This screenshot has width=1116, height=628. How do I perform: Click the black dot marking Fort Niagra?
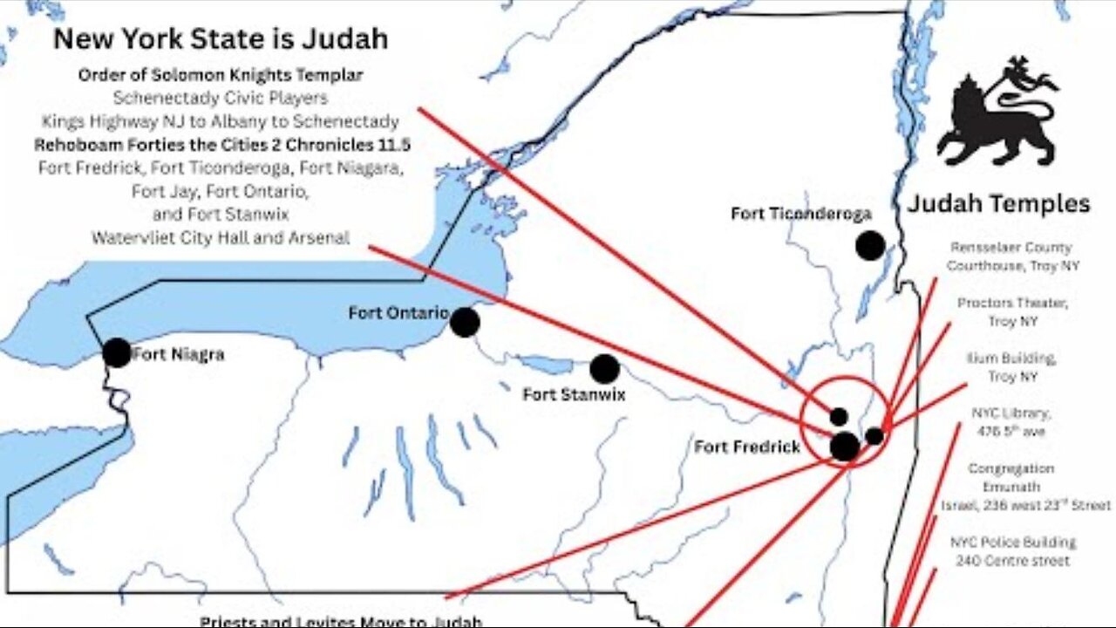(116, 352)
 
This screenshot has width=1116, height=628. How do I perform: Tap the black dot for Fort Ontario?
(465, 322)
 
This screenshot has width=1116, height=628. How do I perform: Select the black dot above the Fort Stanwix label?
(604, 369)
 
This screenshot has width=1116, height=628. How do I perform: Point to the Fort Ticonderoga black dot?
(869, 246)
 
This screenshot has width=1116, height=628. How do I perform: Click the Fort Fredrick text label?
(746, 447)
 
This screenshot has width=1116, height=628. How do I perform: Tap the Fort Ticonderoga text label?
(800, 214)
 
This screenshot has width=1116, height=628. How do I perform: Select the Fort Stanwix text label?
(574, 394)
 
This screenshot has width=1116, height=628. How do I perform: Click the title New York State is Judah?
(221, 39)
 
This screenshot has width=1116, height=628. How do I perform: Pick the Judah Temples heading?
(998, 204)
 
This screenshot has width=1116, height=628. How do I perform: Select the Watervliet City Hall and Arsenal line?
(221, 237)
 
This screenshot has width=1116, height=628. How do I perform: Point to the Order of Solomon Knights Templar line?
(221, 75)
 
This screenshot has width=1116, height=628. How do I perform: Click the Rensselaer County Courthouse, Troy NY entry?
(1011, 256)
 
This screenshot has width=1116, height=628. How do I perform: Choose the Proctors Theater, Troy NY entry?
(1011, 312)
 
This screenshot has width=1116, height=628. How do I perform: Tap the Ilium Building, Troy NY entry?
(1011, 367)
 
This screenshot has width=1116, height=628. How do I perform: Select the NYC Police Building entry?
(1012, 551)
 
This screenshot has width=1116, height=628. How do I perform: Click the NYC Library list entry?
(1011, 422)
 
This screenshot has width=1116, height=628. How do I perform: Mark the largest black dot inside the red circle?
(844, 446)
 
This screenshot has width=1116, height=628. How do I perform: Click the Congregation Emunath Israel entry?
(1011, 487)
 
